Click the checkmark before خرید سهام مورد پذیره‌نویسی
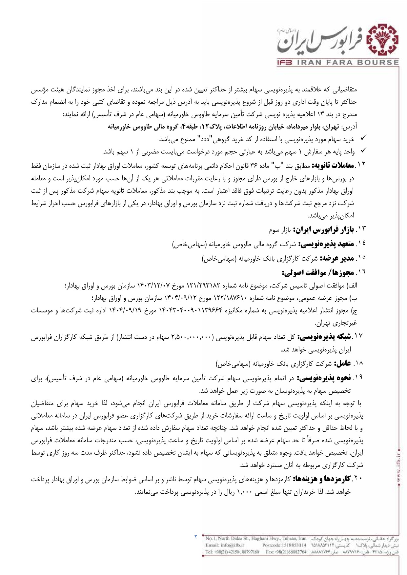363,139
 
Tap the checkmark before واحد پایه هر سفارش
363,151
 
